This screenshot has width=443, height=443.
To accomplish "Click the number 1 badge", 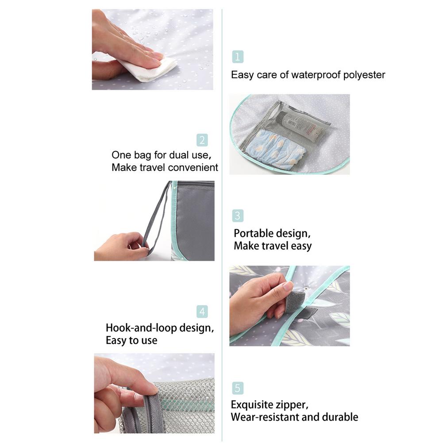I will coord(238,57).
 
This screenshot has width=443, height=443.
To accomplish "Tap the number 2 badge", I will coord(202,140).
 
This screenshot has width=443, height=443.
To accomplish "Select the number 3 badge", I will coord(238,216).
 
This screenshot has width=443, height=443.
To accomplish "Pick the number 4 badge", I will coord(202,312).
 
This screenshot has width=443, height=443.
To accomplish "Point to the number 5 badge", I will coord(238,389).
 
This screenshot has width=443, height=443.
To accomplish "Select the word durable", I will coord(340,417).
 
